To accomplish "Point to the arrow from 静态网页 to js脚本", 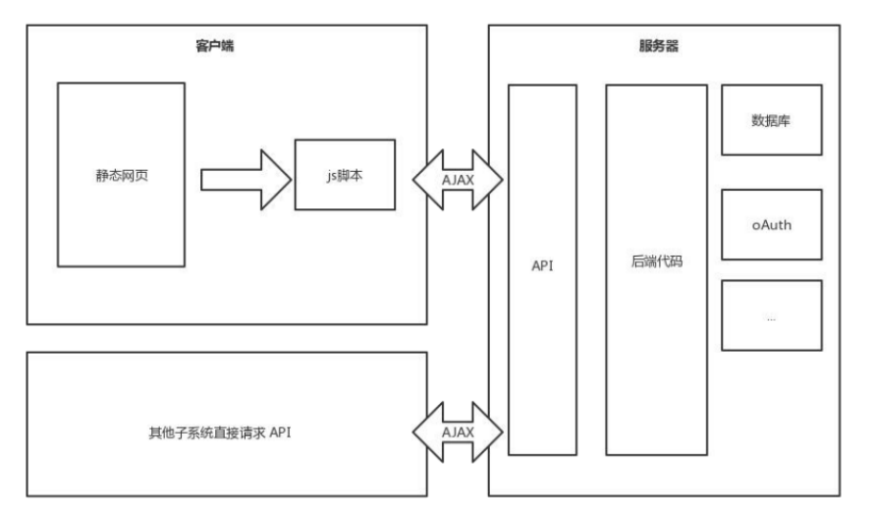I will tap(246, 179).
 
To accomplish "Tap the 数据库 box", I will tap(771, 120).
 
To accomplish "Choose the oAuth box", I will tap(771, 224).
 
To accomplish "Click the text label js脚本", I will tap(344, 179).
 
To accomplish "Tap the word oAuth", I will tap(771, 224).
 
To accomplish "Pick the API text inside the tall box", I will tap(542, 266).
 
